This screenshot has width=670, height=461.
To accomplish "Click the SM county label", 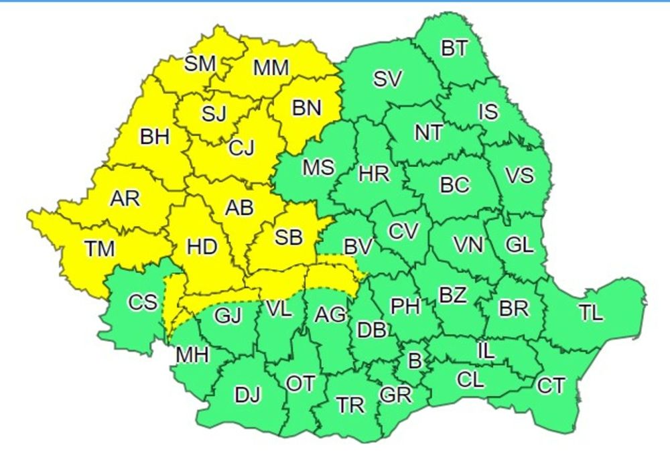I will point(200,64).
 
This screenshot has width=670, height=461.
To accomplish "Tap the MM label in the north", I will point(271,68).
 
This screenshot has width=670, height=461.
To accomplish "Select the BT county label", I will point(454,49).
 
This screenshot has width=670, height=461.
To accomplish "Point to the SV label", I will point(387,80).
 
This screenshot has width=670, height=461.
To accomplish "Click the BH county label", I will point(155,137).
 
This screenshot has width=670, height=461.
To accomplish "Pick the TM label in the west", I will point(100,249).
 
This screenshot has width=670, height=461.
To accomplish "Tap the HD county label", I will point(202,247).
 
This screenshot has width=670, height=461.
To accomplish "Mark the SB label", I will point(289,237).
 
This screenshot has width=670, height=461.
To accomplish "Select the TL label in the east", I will point(591,313).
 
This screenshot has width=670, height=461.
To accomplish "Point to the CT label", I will point(551,386).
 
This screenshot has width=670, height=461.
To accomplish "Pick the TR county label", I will point(350,405).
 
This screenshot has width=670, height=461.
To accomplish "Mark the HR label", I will point(374,175).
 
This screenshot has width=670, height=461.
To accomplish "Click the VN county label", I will point(468,245).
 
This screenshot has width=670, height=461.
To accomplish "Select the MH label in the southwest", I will point(191,354).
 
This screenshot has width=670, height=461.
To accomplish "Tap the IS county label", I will point(489,111).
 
